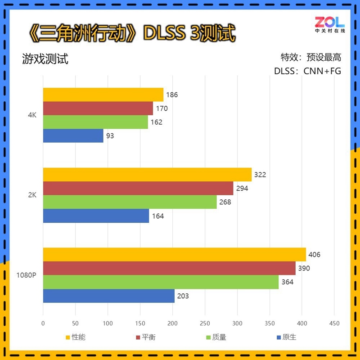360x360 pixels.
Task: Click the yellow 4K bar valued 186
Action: pyautogui.click(x=103, y=94)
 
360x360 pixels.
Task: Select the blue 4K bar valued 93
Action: pyautogui.click(x=73, y=135)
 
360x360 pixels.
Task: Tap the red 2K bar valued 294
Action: pyautogui.click(x=138, y=188)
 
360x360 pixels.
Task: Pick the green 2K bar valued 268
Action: pyautogui.click(x=130, y=202)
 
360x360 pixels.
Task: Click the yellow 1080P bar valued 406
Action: pyautogui.click(x=174, y=255)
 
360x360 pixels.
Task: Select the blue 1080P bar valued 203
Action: pyautogui.click(x=108, y=296)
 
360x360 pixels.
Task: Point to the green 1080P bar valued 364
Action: pyautogui.click(x=160, y=282)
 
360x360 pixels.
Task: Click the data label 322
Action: pyautogui.click(x=260, y=175)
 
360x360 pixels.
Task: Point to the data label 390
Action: pyautogui.click(x=304, y=269)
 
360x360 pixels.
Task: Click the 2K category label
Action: pyautogui.click(x=31, y=195)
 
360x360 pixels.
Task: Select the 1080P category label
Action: pyautogui.click(x=26, y=275)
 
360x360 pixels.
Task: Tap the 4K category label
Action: pyautogui.click(x=31, y=115)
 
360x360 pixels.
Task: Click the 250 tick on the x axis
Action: pyautogui.click(x=205, y=323)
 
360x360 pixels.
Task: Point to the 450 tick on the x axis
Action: pyautogui.click(x=334, y=323)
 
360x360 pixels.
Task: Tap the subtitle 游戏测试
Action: pyautogui.click(x=45, y=59)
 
